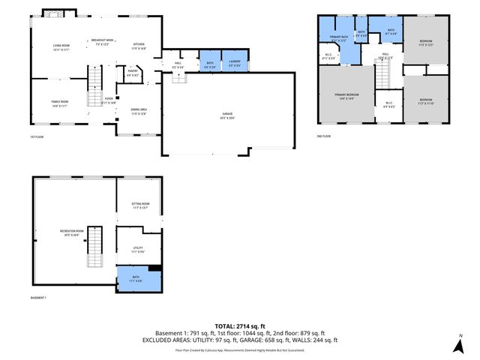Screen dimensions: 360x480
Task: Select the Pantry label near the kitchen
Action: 132,73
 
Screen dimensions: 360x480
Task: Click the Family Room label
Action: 60,103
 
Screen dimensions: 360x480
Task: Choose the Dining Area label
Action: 139,112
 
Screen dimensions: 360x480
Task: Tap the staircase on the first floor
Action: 94,86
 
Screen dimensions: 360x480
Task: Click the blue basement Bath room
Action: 139,280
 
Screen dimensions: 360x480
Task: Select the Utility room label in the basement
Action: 139,250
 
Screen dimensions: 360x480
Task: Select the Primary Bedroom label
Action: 346,96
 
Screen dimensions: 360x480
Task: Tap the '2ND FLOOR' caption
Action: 324,136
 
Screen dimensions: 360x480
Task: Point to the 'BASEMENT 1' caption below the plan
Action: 39,298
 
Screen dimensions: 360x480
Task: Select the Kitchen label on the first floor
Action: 139,46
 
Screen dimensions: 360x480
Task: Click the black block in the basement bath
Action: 155,268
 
